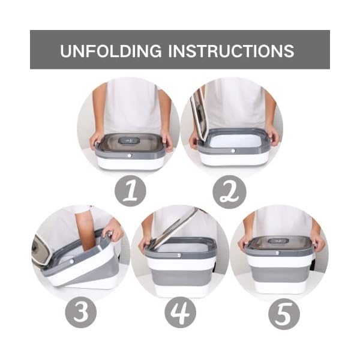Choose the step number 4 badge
click(180, 312)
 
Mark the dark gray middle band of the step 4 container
click(180, 276)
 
